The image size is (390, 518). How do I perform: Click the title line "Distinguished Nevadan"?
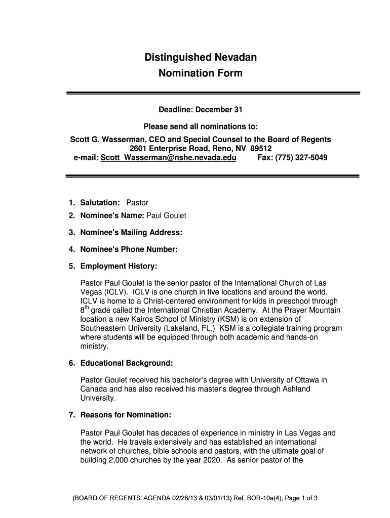200,58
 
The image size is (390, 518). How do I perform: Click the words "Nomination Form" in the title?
200,74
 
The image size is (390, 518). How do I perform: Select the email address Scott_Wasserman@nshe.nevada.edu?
169,158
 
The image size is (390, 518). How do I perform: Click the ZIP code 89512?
261,149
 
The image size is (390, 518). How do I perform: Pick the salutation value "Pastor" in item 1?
137,203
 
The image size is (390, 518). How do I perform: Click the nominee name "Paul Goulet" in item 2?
166,216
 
